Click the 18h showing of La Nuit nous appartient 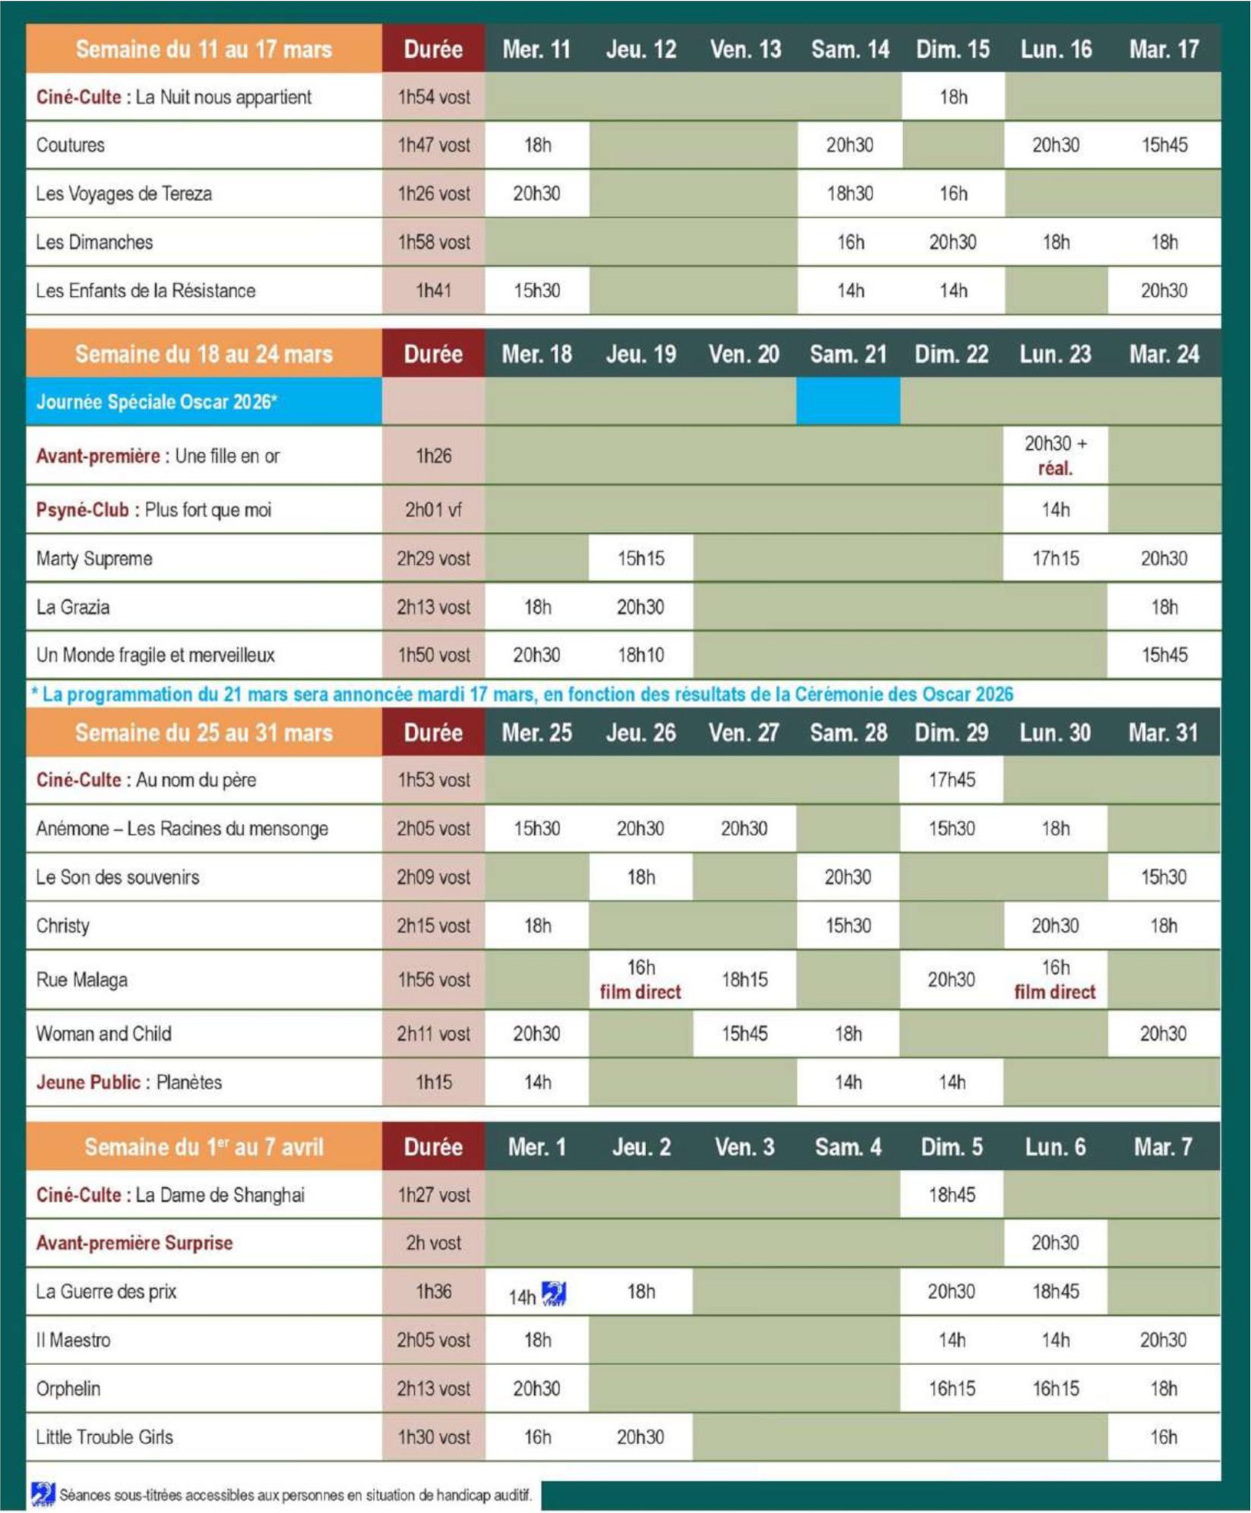click(x=953, y=97)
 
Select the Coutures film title click(x=71, y=145)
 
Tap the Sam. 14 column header click(x=850, y=49)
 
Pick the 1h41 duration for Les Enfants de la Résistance click(x=433, y=290)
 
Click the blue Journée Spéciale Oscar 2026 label click(x=156, y=402)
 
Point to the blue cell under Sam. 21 click(x=848, y=402)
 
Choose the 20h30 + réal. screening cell click(x=1055, y=455)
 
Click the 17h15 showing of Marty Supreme click(x=1055, y=559)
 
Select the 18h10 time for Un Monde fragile click(x=641, y=655)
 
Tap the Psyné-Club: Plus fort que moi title click(x=154, y=510)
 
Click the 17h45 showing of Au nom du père click(x=952, y=780)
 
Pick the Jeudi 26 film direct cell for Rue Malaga click(x=641, y=980)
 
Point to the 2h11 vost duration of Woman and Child click(x=433, y=1033)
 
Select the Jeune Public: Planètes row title click(x=129, y=1082)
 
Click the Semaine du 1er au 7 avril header click(x=204, y=1147)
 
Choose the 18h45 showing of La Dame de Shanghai click(x=952, y=1195)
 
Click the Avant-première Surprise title click(x=135, y=1243)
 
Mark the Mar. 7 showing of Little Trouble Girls click(x=1164, y=1437)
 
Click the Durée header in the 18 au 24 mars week click(x=433, y=354)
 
